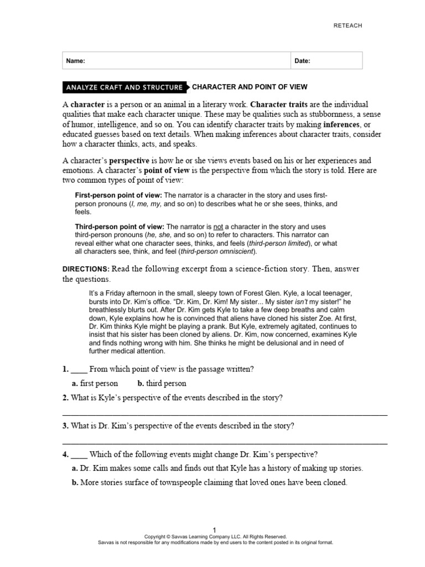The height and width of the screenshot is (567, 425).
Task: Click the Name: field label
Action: coord(76,61)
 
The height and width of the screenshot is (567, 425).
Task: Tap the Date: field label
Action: coord(302,61)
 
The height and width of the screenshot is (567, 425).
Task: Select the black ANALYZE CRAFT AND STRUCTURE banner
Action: coord(124,87)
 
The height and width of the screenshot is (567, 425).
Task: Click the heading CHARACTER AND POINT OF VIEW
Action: coord(249,87)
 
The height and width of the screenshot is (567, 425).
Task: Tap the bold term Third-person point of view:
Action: coord(120,227)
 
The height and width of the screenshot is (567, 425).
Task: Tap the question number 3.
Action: coord(65,426)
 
